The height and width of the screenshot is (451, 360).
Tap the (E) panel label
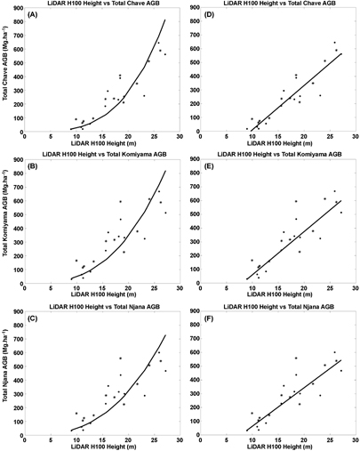coord(214,165)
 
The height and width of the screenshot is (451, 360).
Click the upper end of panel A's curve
coord(165,20)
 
